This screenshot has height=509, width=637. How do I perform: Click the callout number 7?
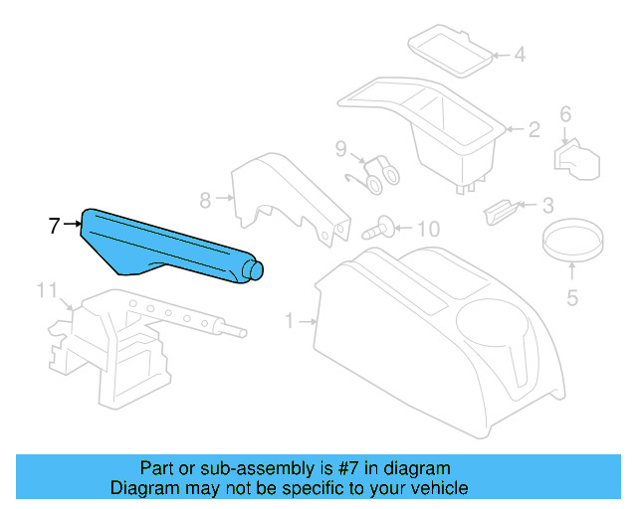click(56, 226)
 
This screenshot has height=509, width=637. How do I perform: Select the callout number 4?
click(519, 55)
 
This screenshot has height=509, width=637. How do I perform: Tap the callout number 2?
click(533, 129)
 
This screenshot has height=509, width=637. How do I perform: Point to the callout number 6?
click(565, 114)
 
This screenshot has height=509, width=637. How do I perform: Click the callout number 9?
click(340, 150)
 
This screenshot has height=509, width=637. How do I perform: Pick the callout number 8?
click(205, 200)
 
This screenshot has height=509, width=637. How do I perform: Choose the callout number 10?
click(426, 230)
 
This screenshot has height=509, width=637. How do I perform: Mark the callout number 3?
click(547, 207)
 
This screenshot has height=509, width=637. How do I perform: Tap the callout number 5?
click(571, 295)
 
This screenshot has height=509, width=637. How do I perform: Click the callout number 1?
click(290, 321)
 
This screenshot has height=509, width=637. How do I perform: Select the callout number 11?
click(46, 290)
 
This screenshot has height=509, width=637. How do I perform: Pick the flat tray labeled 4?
click(449, 50)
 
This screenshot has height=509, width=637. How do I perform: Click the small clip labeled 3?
click(499, 208)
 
